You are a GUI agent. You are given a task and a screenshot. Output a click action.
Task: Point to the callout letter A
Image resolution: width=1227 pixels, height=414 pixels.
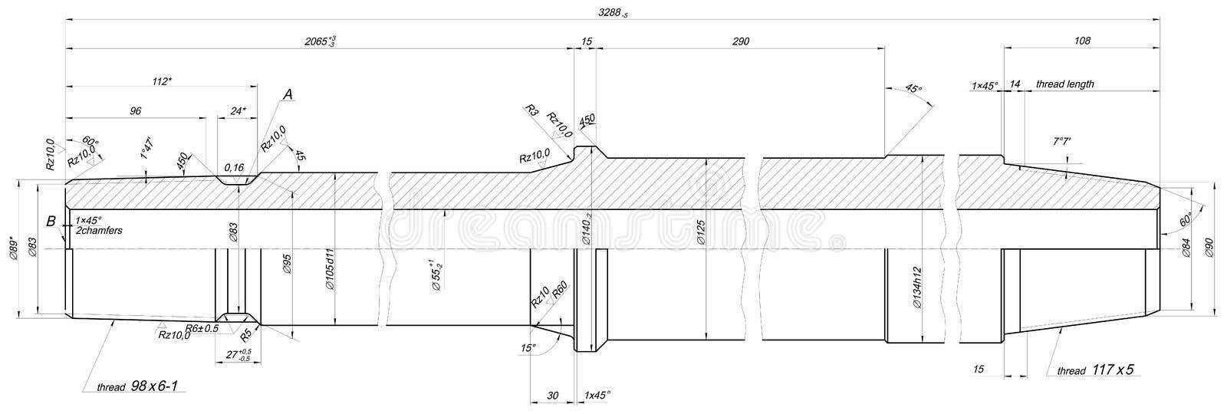pos(288,94)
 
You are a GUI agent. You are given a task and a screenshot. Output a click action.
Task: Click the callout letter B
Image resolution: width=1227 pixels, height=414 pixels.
pos(51,222)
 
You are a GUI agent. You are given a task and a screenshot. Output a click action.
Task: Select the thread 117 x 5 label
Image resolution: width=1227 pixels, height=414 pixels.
pos(1095,370)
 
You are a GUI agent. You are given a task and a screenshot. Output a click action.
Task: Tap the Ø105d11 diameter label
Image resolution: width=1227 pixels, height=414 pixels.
pos(330,269)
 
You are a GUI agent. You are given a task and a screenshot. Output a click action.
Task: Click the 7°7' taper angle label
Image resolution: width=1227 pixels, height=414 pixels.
pos(1062,142)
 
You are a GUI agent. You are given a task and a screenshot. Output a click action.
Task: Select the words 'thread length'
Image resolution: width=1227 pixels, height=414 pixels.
pos(1064,84)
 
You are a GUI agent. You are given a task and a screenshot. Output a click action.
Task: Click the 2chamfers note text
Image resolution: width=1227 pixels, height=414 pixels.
pos(100,230)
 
